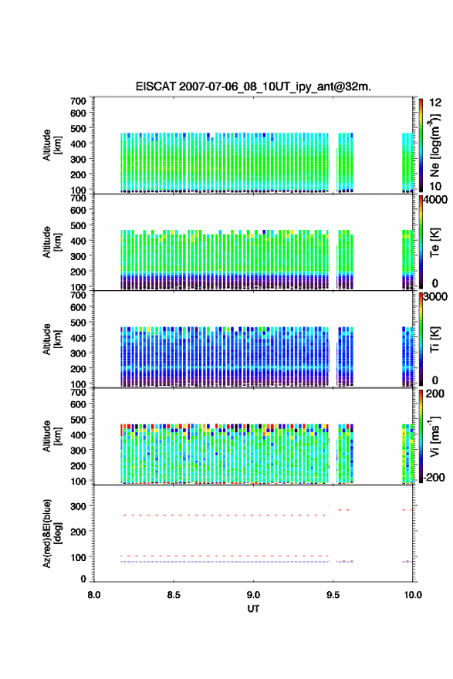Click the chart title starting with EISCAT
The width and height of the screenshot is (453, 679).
pos(253,86)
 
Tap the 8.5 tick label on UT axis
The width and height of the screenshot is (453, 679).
pos(174,595)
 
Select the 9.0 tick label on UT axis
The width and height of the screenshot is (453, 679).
pos(253,595)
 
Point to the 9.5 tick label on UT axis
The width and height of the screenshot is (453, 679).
pos(333,595)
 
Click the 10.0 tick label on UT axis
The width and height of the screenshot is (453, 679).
pos(413,595)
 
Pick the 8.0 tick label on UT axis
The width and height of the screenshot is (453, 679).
pos(94,595)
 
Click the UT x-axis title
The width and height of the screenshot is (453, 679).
pos(253,609)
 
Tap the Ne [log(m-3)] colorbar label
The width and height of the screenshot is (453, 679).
pos(434,146)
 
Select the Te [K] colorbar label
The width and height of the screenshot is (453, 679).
pos(434,242)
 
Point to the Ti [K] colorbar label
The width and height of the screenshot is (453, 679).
pos(434,339)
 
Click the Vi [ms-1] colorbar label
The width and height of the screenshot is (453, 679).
pos(434,437)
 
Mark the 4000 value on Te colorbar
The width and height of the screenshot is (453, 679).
pos(435,200)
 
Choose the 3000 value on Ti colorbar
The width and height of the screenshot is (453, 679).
pos(435,297)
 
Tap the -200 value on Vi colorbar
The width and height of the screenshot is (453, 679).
pos(434,478)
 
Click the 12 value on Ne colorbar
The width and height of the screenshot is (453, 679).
pos(435,103)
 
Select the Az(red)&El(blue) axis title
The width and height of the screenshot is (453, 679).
pos(52,533)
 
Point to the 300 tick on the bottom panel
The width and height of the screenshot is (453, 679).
pos(79,506)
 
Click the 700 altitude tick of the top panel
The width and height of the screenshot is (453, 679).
pos(79,101)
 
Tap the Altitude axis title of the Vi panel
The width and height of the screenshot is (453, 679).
pos(52,436)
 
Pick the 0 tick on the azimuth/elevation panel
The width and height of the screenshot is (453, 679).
pos(83,579)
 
